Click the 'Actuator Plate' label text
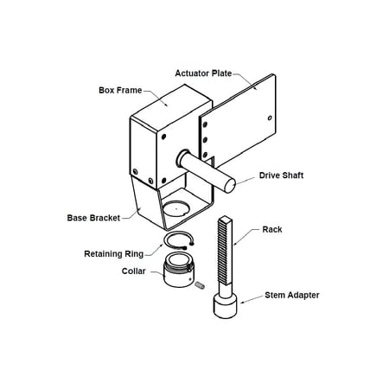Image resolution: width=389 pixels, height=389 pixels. coord(204,73)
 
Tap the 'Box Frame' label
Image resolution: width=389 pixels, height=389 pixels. coord(121,89)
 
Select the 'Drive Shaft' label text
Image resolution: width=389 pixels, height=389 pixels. coord(281,175)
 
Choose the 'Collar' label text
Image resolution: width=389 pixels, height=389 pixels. coord(134,271)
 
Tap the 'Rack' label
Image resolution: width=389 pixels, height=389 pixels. coord(272,230)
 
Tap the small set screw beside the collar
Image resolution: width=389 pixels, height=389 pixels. coord(198,284)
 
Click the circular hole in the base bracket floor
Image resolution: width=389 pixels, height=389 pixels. coord(179,207)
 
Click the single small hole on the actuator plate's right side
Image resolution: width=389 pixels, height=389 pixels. coord(271,118)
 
